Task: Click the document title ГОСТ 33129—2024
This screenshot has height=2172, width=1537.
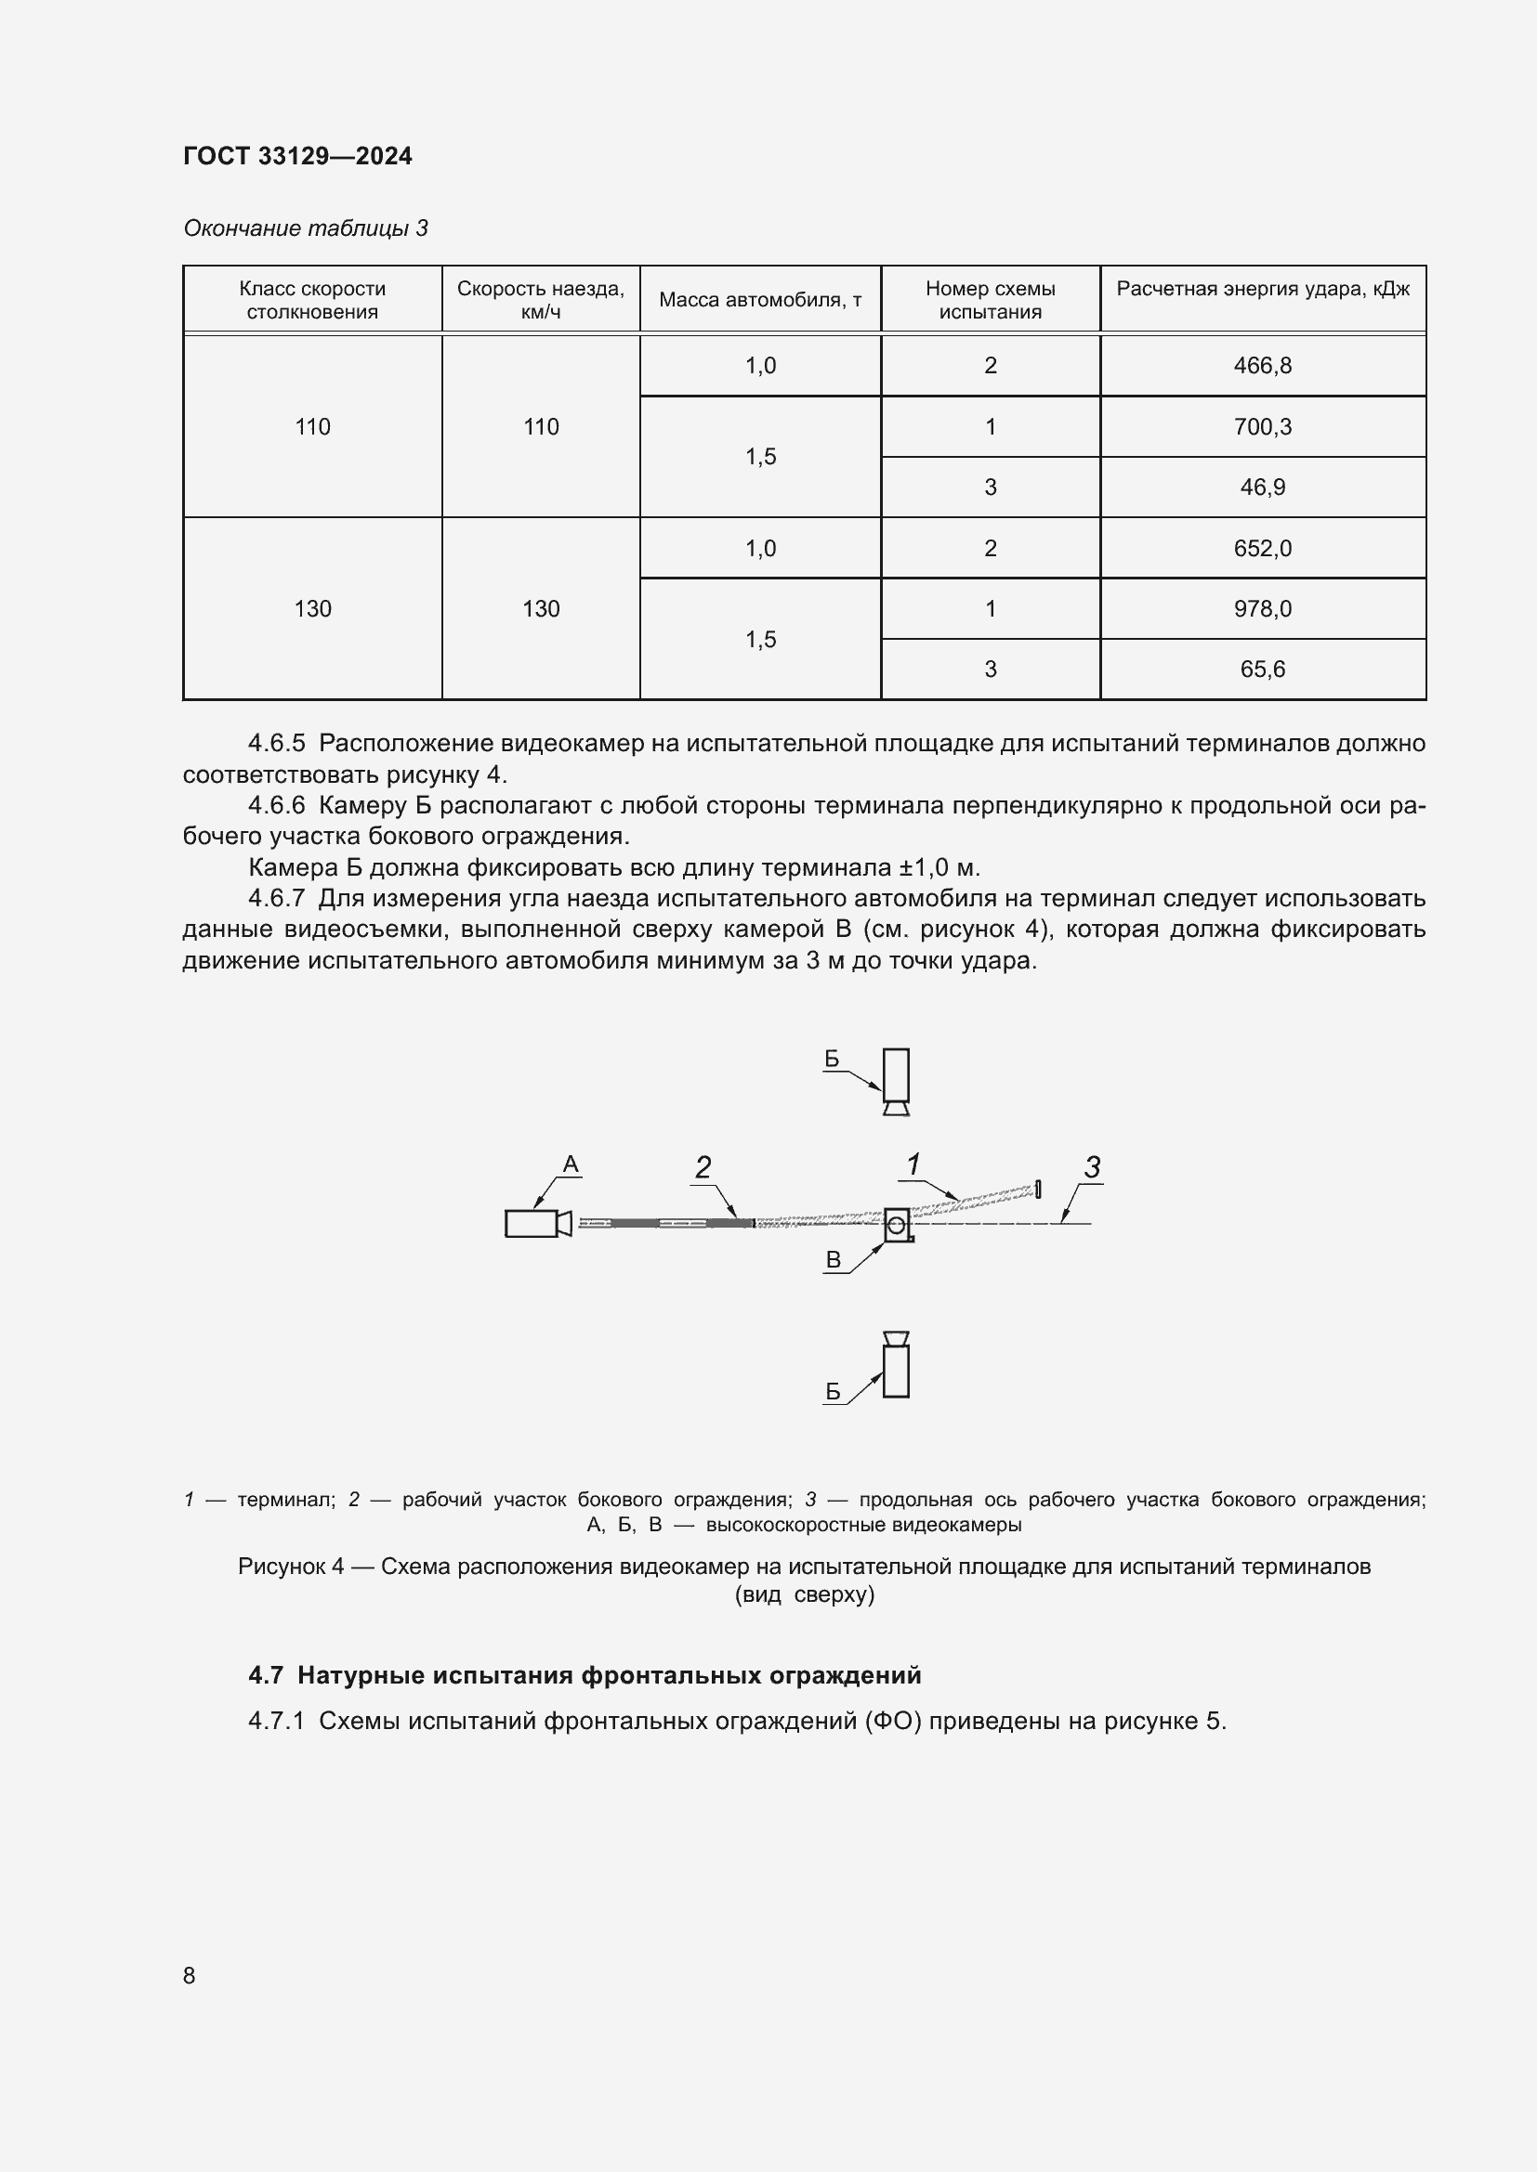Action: click(x=297, y=156)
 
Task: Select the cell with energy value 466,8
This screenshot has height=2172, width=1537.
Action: click(x=1262, y=365)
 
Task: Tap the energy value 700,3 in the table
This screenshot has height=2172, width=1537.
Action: click(x=1262, y=426)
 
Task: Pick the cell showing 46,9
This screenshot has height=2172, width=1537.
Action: click(x=1262, y=488)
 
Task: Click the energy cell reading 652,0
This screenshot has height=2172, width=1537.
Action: click(x=1262, y=548)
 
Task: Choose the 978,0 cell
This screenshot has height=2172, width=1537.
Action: click(x=1262, y=608)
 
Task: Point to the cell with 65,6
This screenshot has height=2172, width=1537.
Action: click(x=1262, y=669)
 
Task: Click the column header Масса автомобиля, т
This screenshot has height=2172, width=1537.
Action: click(x=760, y=300)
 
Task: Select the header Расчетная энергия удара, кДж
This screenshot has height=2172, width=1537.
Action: click(x=1262, y=290)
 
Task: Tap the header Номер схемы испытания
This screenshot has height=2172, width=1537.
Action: click(x=990, y=300)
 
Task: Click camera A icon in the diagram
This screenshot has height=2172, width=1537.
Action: click(x=536, y=1223)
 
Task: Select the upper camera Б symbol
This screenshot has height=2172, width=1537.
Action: click(x=895, y=1080)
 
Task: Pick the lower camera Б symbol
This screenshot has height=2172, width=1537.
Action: click(x=895, y=1364)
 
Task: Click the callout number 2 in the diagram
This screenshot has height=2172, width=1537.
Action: click(x=703, y=1167)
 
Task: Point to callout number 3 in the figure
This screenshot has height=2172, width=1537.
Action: click(x=1092, y=1167)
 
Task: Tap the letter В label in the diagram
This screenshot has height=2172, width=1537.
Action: click(x=833, y=1259)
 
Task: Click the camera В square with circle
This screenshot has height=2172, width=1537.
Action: click(x=898, y=1224)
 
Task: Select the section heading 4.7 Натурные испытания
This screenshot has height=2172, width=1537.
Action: click(x=584, y=1675)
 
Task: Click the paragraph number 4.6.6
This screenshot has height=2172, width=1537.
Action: click(x=276, y=805)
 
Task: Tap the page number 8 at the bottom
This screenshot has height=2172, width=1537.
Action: click(x=190, y=1975)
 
